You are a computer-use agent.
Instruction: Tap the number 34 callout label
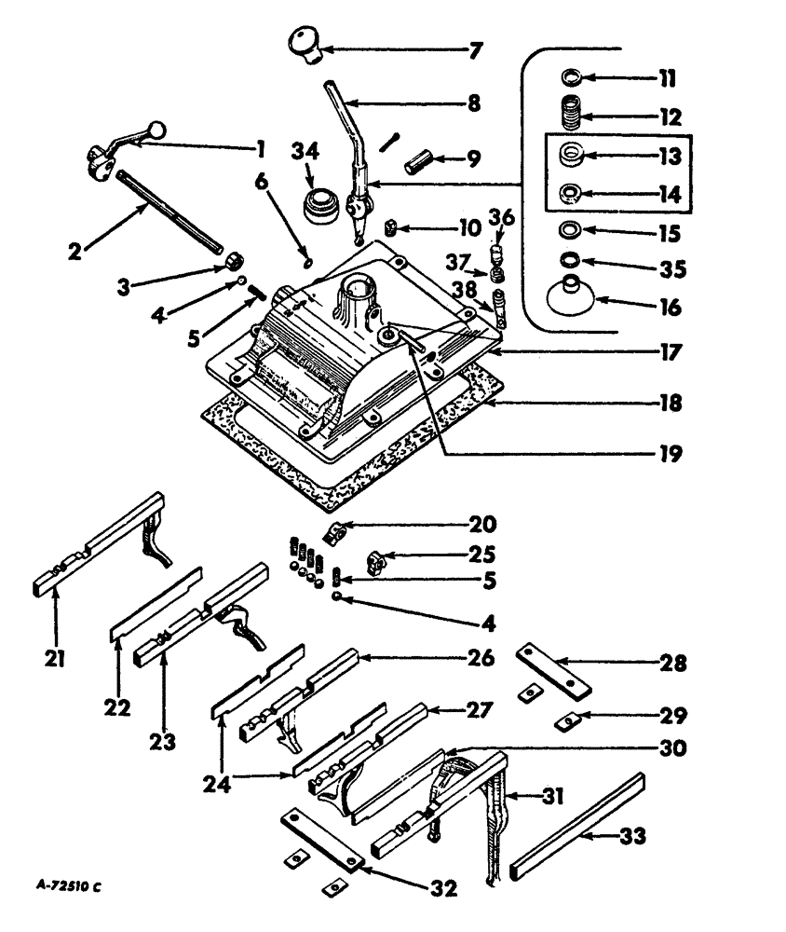click(306, 151)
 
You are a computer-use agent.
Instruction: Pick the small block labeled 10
click(394, 226)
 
